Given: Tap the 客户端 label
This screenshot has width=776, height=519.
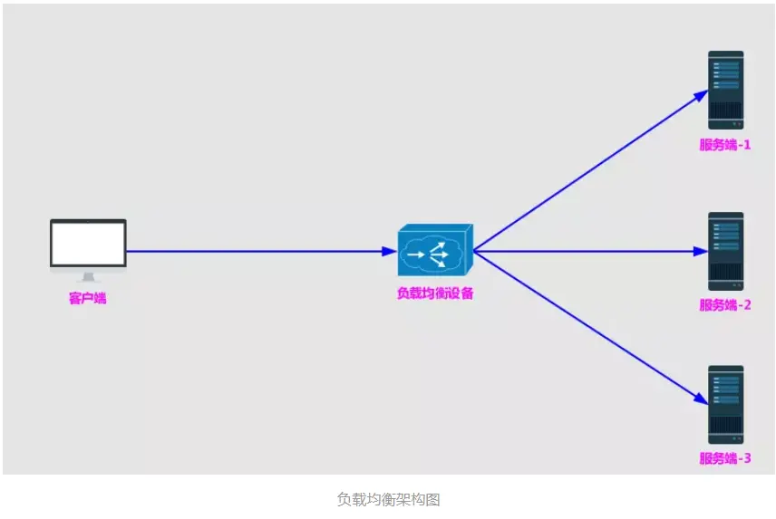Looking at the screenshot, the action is [88, 298].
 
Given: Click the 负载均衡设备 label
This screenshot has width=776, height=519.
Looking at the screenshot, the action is [435, 293].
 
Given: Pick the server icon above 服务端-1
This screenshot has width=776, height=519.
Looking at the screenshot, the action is [725, 90].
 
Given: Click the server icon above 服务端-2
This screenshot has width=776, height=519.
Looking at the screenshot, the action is [725, 251].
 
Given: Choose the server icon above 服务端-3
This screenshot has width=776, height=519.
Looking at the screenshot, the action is [725, 404].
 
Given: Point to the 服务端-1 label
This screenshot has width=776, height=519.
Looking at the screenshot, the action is [725, 145].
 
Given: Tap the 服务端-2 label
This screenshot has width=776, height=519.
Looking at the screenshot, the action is [725, 305].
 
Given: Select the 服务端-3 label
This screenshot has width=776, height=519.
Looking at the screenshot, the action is [725, 458].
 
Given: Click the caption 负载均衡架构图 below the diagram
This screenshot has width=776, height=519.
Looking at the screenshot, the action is [388, 499].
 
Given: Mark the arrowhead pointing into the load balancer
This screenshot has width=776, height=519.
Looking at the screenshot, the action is [389, 251].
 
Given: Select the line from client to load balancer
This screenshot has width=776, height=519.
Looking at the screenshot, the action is [254, 251].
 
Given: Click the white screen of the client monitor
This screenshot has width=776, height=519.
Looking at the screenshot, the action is [88, 242].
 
